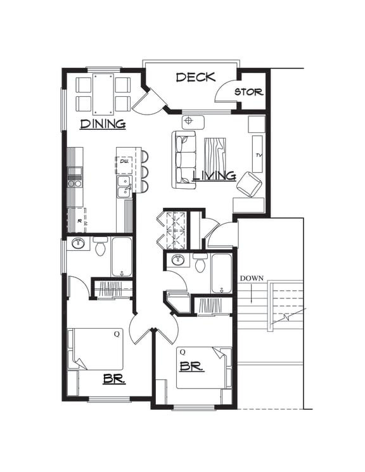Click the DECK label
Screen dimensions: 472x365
click(196, 77)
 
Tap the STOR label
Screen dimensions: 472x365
click(248, 92)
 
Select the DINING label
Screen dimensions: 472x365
click(103, 124)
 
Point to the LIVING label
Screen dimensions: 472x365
click(214, 175)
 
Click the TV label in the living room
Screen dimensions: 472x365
click(259, 155)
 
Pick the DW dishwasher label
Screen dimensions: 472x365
click(124, 162)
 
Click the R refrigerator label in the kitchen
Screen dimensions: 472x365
click(79, 221)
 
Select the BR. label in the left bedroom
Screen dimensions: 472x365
click(114, 380)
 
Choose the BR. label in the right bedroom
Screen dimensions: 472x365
click(191, 366)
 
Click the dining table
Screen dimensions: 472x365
click(103, 94)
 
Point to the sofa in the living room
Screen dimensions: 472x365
click(184, 160)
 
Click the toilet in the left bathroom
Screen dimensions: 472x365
click(100, 247)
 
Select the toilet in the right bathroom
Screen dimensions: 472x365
click(201, 263)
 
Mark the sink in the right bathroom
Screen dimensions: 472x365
click(178, 260)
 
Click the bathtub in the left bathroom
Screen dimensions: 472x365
click(122, 256)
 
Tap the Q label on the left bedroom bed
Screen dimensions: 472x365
click(117, 334)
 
